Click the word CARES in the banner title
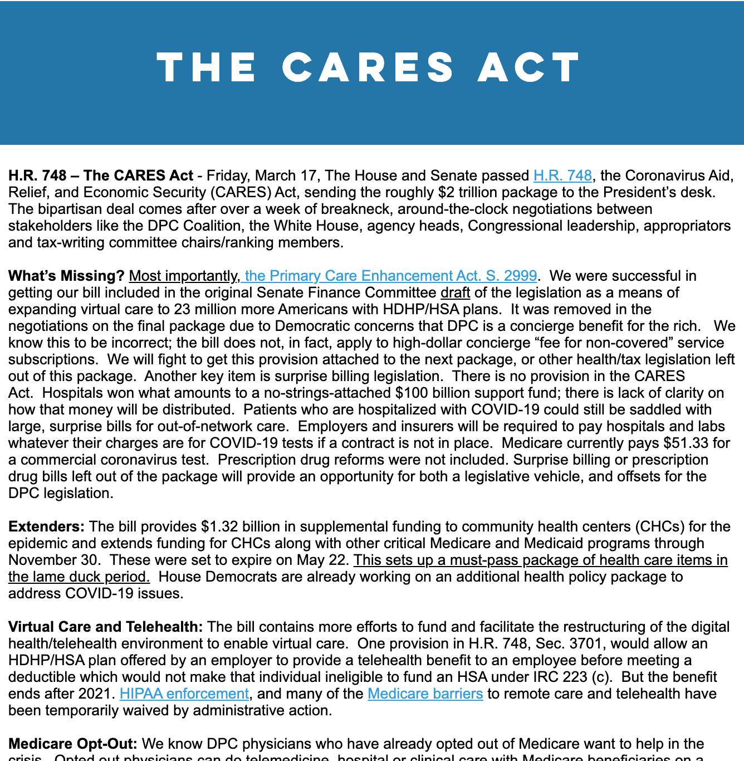pos(369,67)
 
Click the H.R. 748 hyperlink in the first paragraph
pos(562,175)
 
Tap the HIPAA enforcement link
pos(184,694)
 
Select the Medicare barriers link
pos(425,694)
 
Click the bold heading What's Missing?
pos(66,276)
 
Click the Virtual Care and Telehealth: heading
pos(105,627)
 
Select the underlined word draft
pos(455,292)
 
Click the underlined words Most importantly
pos(184,276)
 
